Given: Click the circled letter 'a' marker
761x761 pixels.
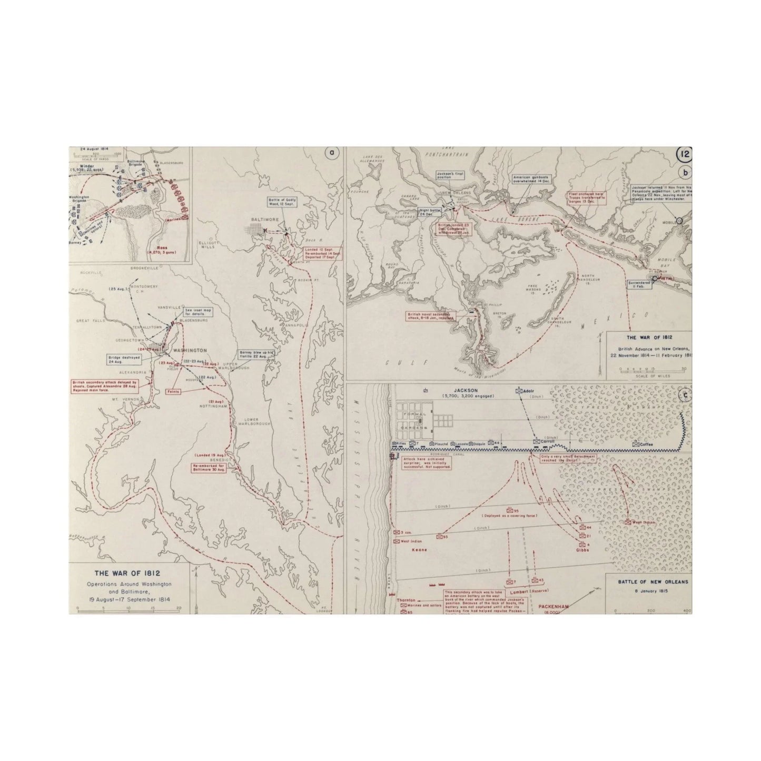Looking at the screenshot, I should tap(331, 153).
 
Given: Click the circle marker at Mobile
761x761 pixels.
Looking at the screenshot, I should tap(679, 221).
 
